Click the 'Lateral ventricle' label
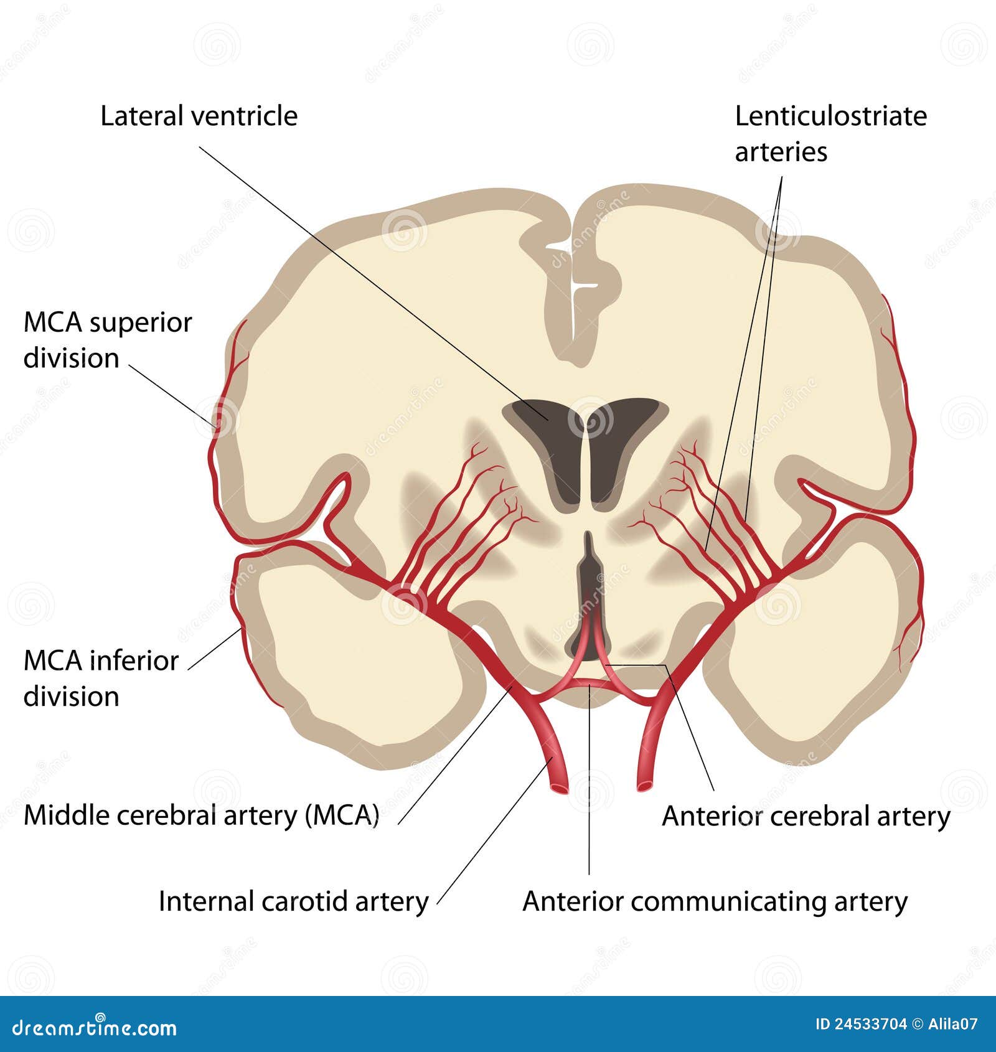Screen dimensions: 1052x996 coord(199,116)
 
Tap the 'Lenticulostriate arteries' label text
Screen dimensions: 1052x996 coord(830,134)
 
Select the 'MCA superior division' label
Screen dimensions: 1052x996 coord(107,340)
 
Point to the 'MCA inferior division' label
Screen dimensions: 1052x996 coord(101,679)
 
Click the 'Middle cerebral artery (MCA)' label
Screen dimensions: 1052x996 coord(201,815)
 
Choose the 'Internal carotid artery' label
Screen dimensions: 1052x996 coord(293,901)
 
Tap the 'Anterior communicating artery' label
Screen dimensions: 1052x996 coord(715,901)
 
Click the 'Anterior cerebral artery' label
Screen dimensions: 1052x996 coord(806,816)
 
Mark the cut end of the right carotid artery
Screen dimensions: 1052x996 coord(645,787)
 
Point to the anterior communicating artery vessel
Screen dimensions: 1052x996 coord(589,683)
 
